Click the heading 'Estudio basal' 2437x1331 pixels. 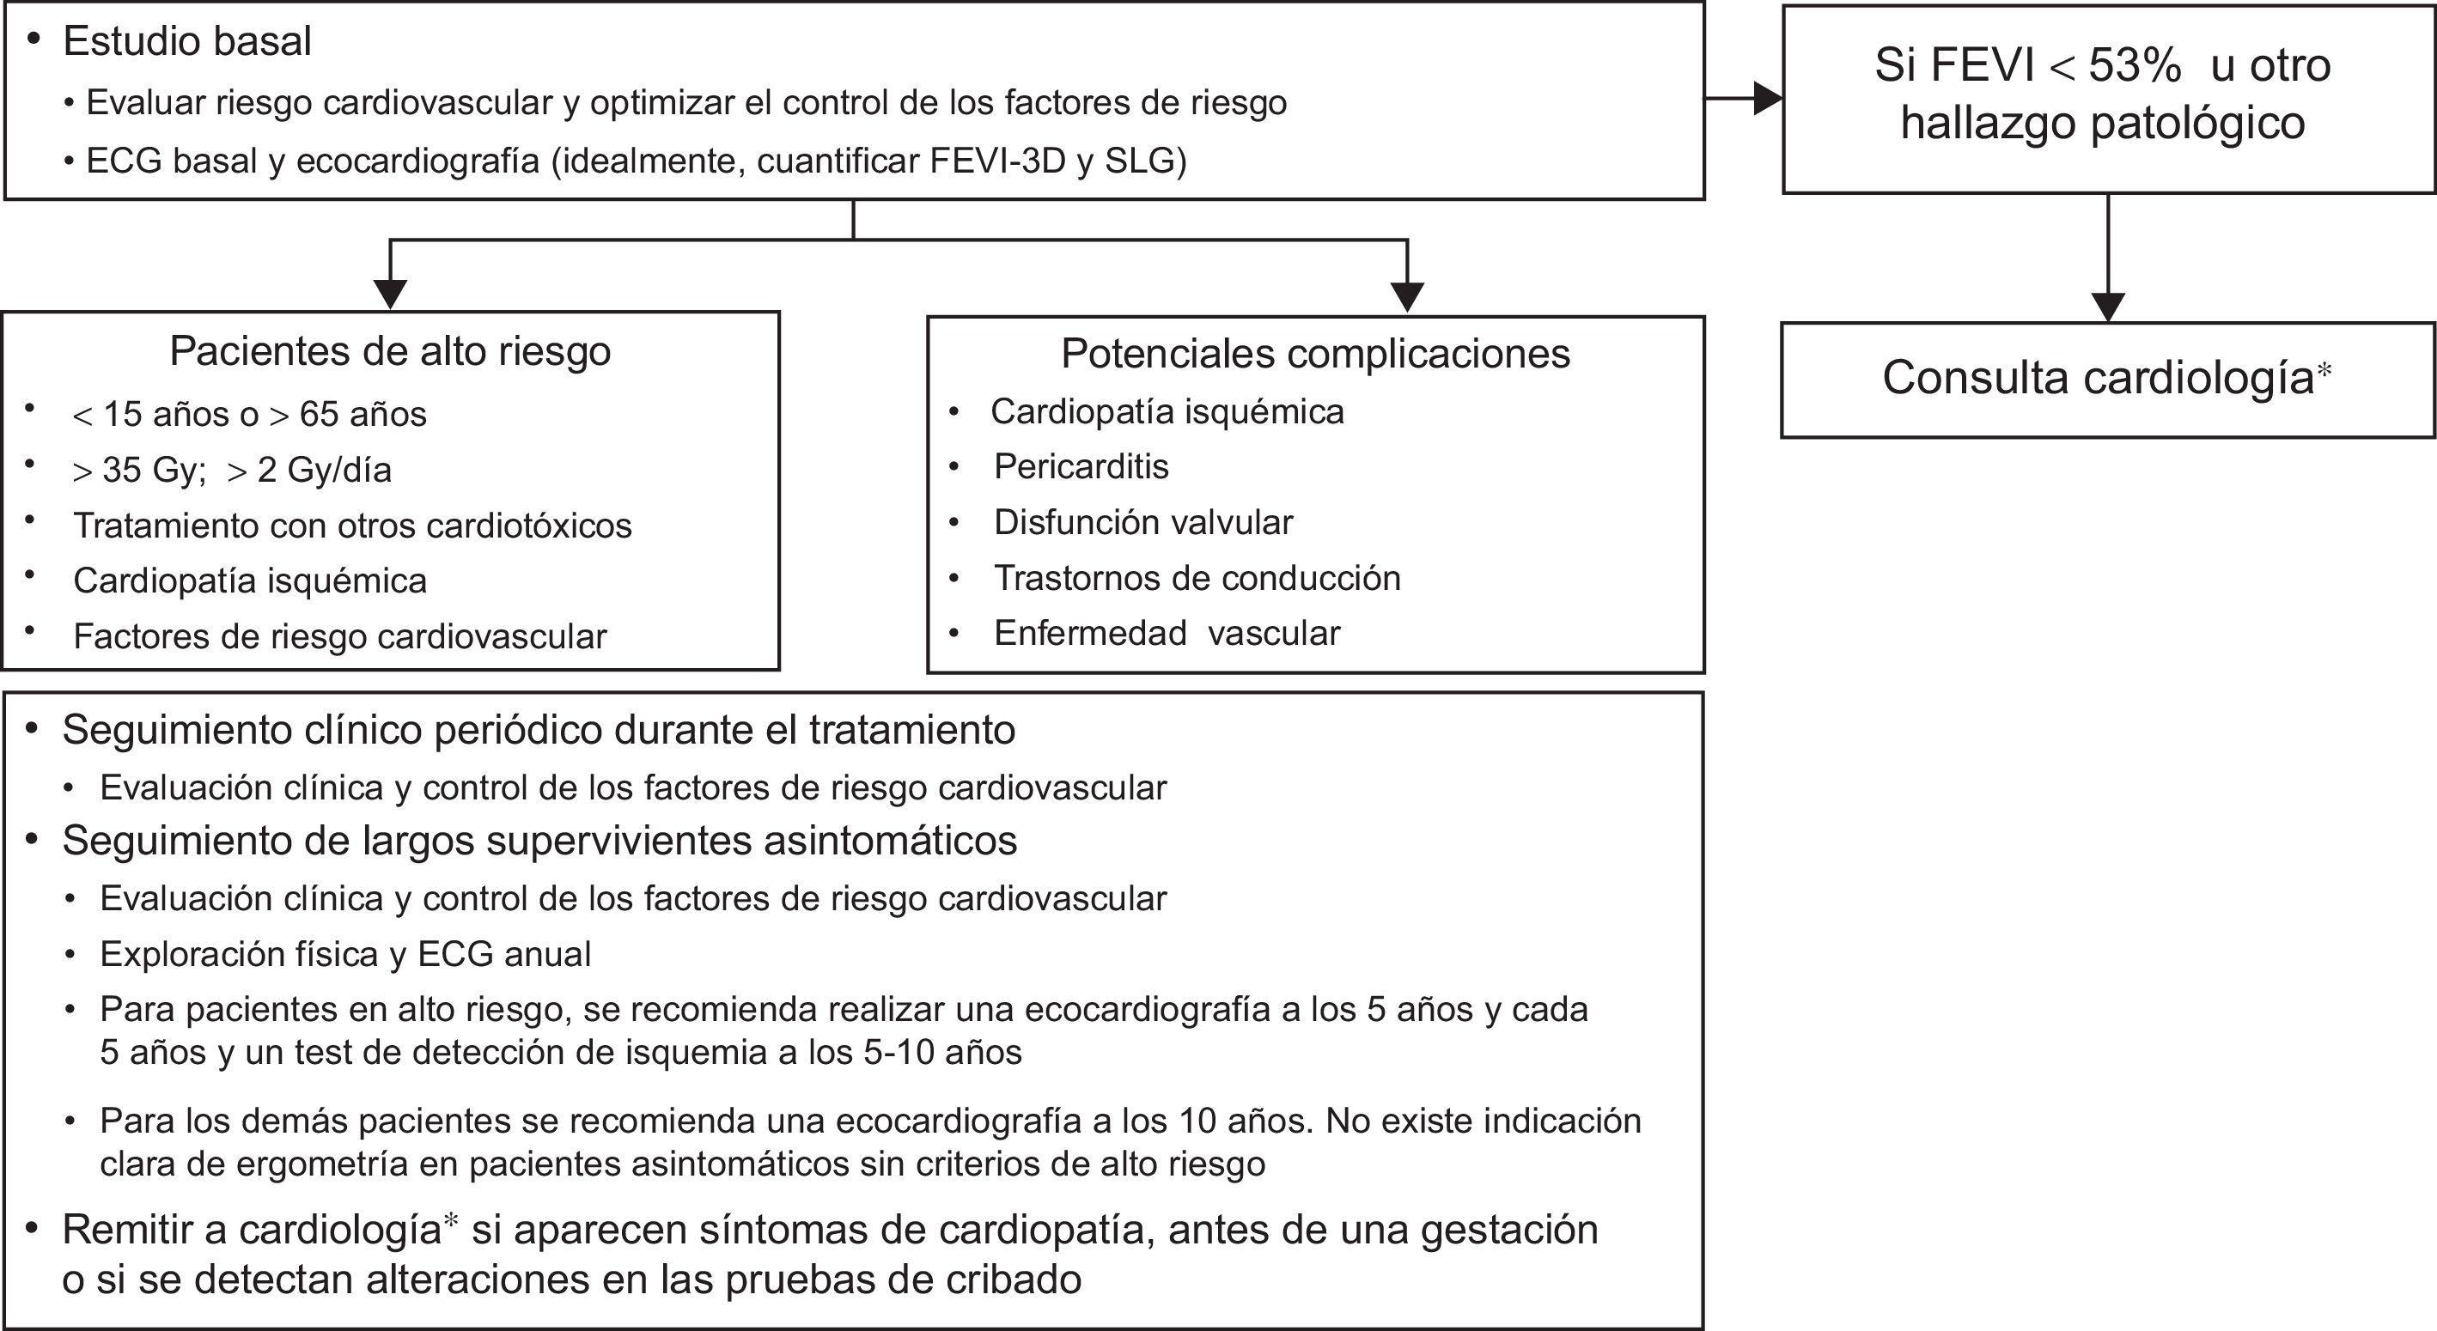[x=186, y=41]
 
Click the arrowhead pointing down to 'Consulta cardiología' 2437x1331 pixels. [x=2109, y=307]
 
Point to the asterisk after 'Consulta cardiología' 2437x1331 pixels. [x=2324, y=370]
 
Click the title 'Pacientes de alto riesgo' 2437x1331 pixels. [x=390, y=351]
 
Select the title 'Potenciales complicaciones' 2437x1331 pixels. [x=1315, y=354]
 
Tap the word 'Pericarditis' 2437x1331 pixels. [x=1081, y=466]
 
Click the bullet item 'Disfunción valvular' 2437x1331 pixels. [x=1142, y=522]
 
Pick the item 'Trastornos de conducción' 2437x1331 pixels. [x=1197, y=578]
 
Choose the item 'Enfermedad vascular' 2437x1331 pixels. [x=1167, y=633]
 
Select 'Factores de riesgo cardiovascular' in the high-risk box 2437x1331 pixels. [x=339, y=636]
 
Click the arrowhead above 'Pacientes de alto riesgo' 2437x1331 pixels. [x=390, y=295]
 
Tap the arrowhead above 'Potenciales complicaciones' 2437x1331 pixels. [x=1409, y=297]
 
